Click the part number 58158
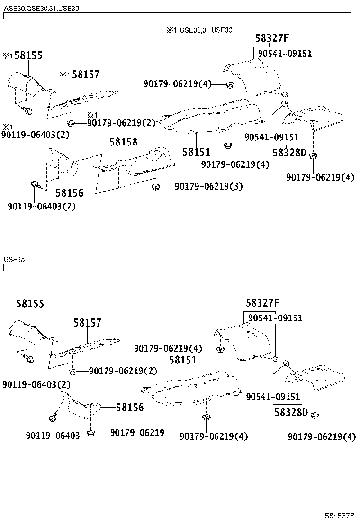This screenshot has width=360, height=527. (x=124, y=142)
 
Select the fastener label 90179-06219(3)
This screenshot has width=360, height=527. (x=208, y=186)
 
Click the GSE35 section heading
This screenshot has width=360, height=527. (x=14, y=260)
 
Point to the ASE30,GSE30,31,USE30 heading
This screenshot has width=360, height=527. (x=41, y=9)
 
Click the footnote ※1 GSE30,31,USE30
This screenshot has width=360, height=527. (x=199, y=30)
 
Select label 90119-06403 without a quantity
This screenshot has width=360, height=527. (x=53, y=436)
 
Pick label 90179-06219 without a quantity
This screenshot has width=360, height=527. (x=137, y=433)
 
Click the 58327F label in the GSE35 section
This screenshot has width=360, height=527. (x=262, y=303)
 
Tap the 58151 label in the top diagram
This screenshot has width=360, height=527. (x=197, y=152)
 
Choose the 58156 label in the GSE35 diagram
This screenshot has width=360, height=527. (x=130, y=408)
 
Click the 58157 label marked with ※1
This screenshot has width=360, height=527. (x=80, y=74)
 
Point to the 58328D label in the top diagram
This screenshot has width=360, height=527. (x=289, y=153)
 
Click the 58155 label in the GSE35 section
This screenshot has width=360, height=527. (x=30, y=303)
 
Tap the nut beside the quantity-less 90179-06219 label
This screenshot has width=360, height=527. (x=90, y=433)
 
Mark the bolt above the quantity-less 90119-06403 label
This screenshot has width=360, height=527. (x=52, y=418)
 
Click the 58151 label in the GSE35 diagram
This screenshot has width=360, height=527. (x=183, y=360)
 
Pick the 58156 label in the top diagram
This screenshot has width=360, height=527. (x=70, y=193)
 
